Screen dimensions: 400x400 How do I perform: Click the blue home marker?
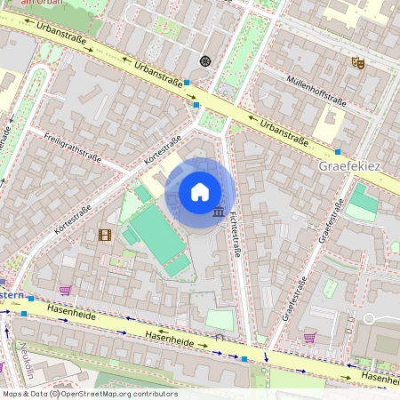tap(200, 192)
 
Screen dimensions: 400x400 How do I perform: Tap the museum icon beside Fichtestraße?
tap(219, 212)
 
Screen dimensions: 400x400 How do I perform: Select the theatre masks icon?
tap(358, 62)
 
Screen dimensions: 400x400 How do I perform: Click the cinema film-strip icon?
tap(106, 235)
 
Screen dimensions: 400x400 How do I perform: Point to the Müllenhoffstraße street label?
tap(315, 89)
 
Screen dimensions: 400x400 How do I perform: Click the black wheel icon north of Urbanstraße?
tap(205, 60)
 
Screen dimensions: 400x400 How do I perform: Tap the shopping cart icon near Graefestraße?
tap(308, 336)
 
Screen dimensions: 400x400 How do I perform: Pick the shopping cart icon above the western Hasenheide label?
tap(65, 290)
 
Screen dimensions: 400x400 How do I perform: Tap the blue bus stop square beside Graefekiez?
tap(338, 152)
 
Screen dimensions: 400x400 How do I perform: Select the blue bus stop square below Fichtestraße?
tap(244, 359)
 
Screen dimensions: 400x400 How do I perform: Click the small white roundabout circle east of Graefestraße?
tap(369, 318)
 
